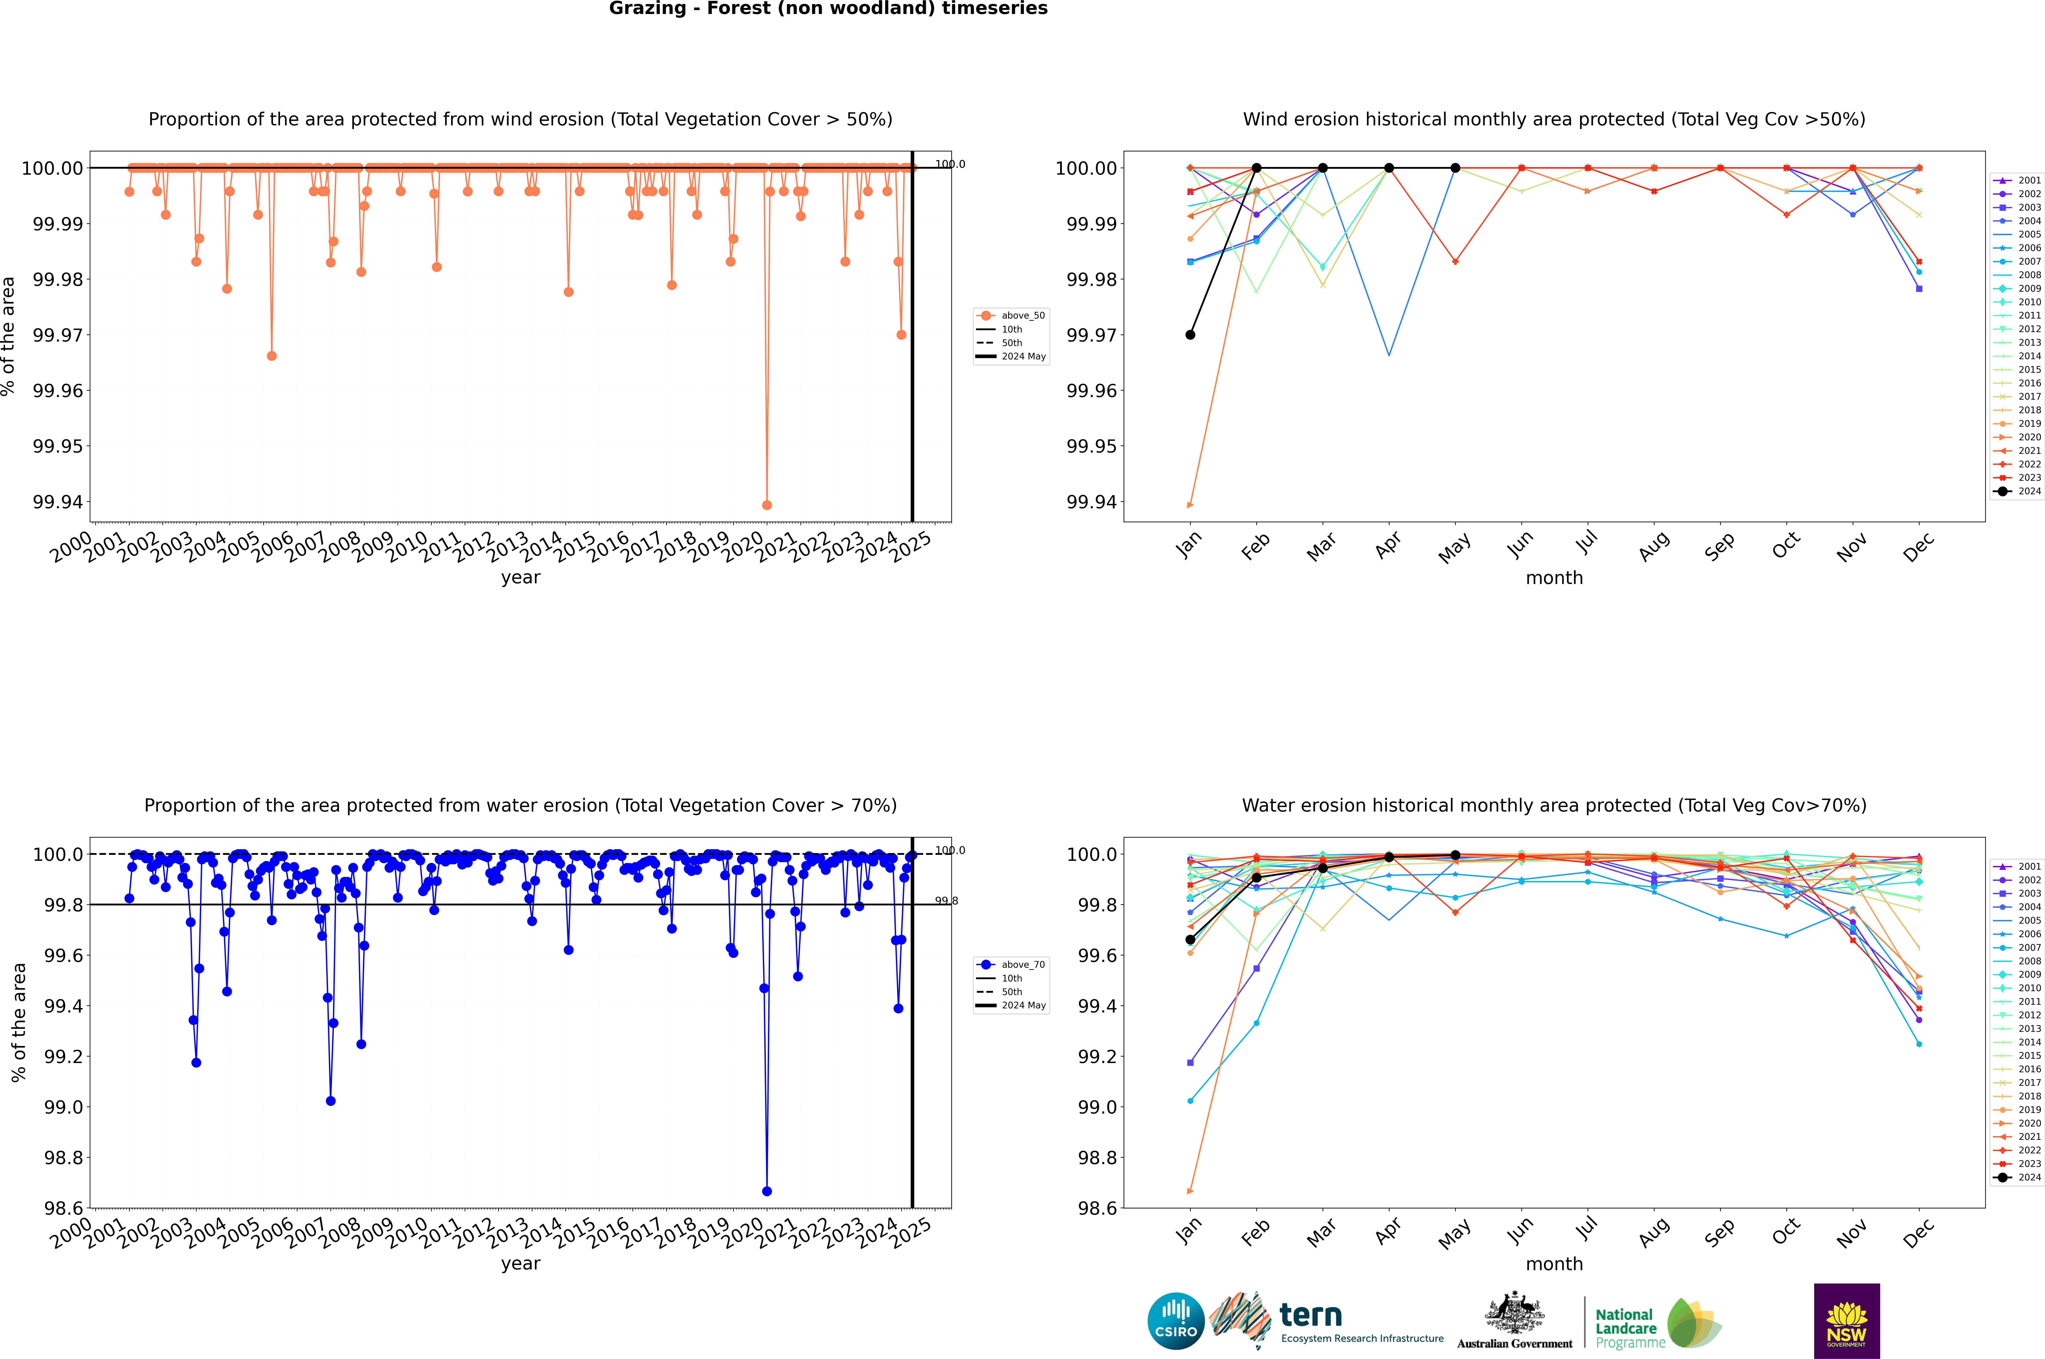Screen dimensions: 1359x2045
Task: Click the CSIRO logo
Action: [1175, 1321]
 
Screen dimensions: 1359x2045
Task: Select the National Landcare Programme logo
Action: [1658, 1324]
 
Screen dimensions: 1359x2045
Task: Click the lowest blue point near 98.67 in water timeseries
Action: [766, 1191]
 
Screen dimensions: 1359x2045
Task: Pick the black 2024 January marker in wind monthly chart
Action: [1190, 334]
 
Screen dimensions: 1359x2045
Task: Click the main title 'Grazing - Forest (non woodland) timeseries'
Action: [828, 9]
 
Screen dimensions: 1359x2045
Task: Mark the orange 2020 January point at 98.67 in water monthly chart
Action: [1190, 1191]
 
